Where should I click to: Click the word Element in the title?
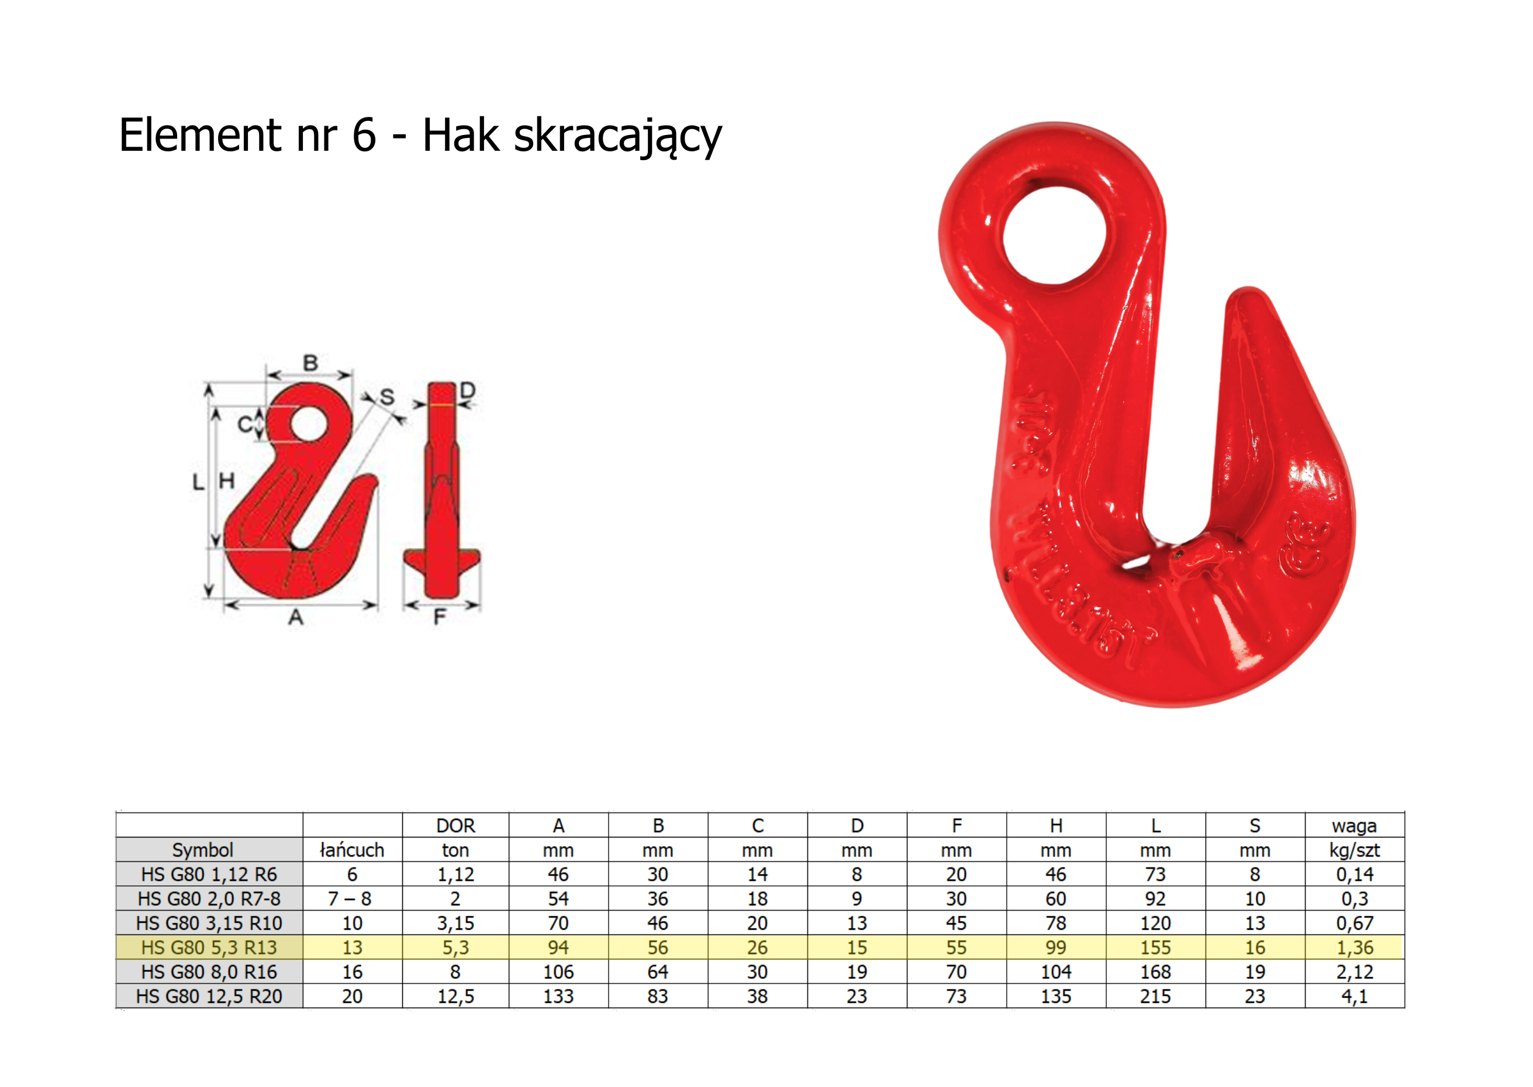(x=201, y=134)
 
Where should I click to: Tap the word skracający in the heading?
(x=617, y=138)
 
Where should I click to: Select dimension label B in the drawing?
(x=310, y=363)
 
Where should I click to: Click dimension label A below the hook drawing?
(x=296, y=617)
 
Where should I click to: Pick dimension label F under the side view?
(x=439, y=617)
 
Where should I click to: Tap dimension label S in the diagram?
(x=387, y=397)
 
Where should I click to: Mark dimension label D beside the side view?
(x=467, y=390)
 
